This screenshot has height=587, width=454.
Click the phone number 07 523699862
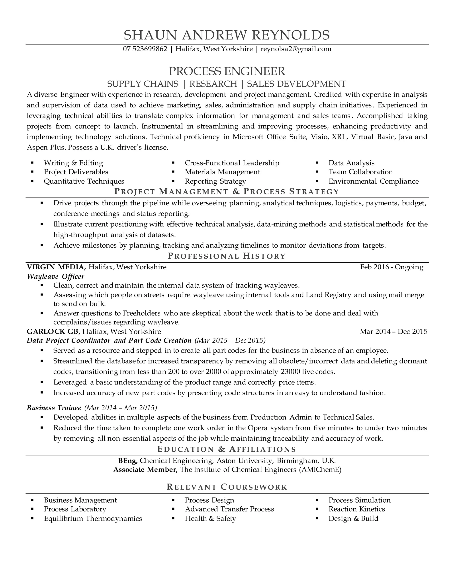point(145,49)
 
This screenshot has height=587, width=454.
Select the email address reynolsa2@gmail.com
point(296,49)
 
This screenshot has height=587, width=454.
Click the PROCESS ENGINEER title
point(227,71)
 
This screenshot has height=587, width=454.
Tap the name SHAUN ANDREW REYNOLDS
point(227,35)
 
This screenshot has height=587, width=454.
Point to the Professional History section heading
point(227,256)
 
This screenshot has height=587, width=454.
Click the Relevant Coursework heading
point(227,487)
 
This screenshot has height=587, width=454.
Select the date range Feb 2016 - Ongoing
point(392,267)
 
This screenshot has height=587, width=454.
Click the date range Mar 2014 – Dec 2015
point(393,331)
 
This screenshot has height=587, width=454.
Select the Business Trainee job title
point(54,408)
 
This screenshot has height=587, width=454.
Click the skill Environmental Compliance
point(373,181)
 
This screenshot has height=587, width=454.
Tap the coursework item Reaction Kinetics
point(357,509)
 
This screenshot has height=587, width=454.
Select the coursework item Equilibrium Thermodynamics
point(93,519)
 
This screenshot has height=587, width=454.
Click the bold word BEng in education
point(128,461)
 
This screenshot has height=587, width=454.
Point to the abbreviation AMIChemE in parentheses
point(320,470)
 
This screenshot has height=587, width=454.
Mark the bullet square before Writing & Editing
point(32,163)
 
